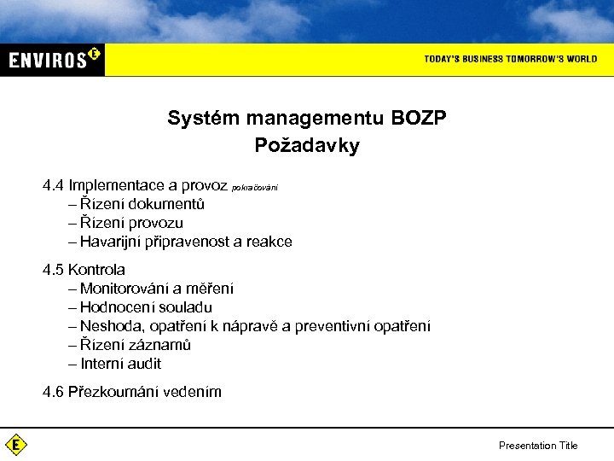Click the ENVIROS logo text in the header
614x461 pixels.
click(x=49, y=60)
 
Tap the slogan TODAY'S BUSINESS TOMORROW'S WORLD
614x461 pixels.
click(x=510, y=59)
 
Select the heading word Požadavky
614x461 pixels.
click(x=307, y=146)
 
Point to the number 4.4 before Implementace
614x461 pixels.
click(x=54, y=185)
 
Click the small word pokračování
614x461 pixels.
click(x=254, y=187)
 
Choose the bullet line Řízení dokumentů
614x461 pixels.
click(x=142, y=204)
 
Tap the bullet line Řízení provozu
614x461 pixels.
click(x=131, y=223)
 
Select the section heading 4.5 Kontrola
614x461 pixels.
click(x=84, y=270)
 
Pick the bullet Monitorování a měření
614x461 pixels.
click(x=156, y=289)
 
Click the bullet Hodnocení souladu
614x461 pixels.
click(x=146, y=307)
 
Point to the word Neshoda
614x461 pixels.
click(x=109, y=326)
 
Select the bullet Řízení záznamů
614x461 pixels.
click(x=136, y=345)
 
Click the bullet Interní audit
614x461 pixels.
click(x=120, y=364)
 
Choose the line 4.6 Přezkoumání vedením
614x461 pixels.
click(x=132, y=392)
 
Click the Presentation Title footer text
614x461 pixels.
click(x=537, y=446)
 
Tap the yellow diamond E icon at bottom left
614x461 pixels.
click(x=15, y=445)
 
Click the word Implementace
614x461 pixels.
click(x=118, y=185)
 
